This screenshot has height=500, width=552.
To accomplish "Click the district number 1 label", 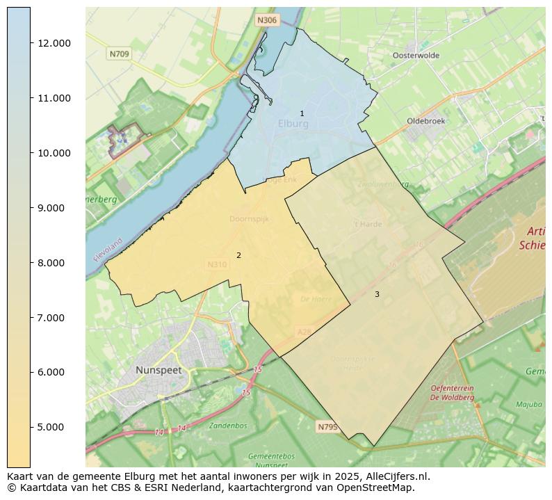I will [x=302, y=113].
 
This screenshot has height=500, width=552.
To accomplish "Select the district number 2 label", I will [x=238, y=255].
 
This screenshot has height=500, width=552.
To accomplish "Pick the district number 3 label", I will [x=377, y=294].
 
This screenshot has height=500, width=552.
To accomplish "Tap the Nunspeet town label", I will [x=159, y=370].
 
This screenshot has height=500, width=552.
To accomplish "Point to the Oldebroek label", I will [x=426, y=121].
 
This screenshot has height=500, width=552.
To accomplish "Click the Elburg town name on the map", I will [x=293, y=124].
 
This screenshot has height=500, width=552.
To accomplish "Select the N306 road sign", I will [x=267, y=20].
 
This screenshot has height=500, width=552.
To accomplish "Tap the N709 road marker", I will [x=118, y=54].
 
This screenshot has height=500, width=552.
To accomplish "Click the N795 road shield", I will [x=327, y=427].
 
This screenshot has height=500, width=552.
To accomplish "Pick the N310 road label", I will [x=216, y=264].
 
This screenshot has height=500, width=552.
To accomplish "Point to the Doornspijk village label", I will [x=249, y=218].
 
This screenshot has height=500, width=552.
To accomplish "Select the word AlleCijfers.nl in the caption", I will [x=396, y=476].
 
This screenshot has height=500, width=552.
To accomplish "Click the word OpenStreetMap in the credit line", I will [x=378, y=487].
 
